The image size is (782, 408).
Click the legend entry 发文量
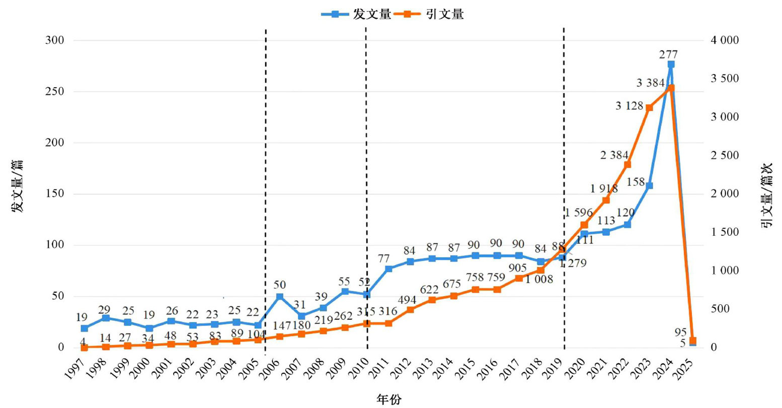click(356, 14)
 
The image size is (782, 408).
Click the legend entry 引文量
click(429, 14)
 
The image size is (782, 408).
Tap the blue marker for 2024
click(671, 64)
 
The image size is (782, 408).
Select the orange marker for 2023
click(649, 108)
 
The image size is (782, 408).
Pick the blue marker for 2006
click(279, 297)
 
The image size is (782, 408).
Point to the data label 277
click(668, 54)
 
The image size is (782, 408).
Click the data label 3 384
click(650, 83)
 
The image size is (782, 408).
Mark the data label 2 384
click(614, 155)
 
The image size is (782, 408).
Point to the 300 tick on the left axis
click(55, 40)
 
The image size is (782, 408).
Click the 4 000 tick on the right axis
click(725, 40)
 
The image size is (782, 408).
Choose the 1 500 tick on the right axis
click(725, 232)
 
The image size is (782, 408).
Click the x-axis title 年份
click(389, 399)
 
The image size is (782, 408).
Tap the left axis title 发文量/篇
click(17, 186)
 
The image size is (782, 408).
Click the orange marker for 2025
click(692, 341)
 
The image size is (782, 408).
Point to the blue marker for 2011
click(388, 268)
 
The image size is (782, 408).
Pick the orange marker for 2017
click(519, 278)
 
